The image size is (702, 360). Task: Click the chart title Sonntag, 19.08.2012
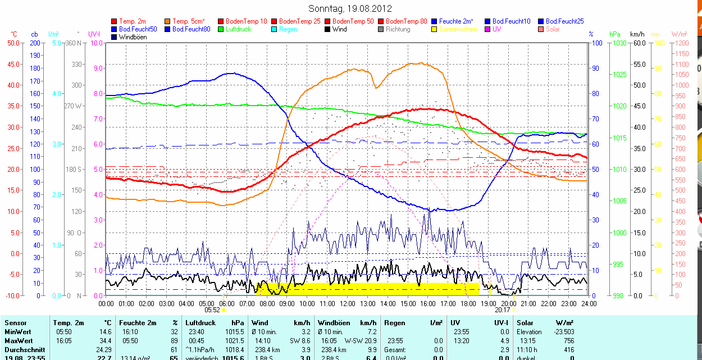click(350, 8)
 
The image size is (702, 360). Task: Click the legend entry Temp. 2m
click(131, 21)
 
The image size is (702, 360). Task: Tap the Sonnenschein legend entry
click(458, 29)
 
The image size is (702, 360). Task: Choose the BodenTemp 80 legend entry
click(408, 21)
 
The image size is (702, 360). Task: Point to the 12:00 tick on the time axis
click(347, 303)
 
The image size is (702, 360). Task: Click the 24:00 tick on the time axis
click(588, 303)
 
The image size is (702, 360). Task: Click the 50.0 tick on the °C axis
click(13, 43)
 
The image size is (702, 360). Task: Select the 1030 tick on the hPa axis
click(618, 43)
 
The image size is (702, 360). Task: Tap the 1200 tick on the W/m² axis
click(681, 43)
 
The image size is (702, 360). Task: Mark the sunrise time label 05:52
click(212, 309)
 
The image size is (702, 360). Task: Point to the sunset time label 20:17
click(502, 309)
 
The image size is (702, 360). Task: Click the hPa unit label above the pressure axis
click(615, 34)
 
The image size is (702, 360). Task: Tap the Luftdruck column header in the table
click(200, 323)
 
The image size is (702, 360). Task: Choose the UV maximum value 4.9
click(506, 341)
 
